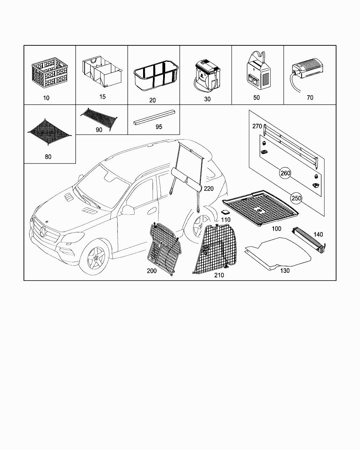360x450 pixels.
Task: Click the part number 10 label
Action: tap(46, 98)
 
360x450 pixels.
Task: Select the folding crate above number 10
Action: tap(50, 73)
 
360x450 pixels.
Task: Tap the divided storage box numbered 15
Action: tap(102, 73)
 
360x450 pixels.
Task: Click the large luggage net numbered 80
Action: tap(49, 132)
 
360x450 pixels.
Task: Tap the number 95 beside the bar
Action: tap(159, 127)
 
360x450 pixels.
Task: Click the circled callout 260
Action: tap(285, 173)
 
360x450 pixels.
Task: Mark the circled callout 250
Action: tap(297, 198)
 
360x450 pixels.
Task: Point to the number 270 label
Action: tap(257, 126)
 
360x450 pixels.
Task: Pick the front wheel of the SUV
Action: tap(95, 259)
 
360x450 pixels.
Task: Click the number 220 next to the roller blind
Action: tap(208, 189)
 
